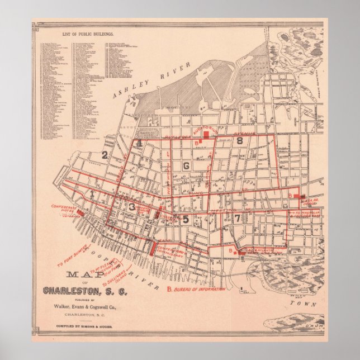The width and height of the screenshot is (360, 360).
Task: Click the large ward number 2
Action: click(x=104, y=155)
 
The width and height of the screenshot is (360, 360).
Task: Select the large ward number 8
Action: click(x=239, y=141)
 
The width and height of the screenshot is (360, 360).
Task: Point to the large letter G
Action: click(x=186, y=165)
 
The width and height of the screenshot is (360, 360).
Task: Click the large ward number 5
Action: click(x=186, y=219)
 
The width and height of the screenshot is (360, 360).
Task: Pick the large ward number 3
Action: click(x=131, y=207)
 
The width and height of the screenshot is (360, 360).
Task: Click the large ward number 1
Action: click(x=91, y=193)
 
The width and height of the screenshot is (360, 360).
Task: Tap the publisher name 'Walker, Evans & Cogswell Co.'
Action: click(x=85, y=306)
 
